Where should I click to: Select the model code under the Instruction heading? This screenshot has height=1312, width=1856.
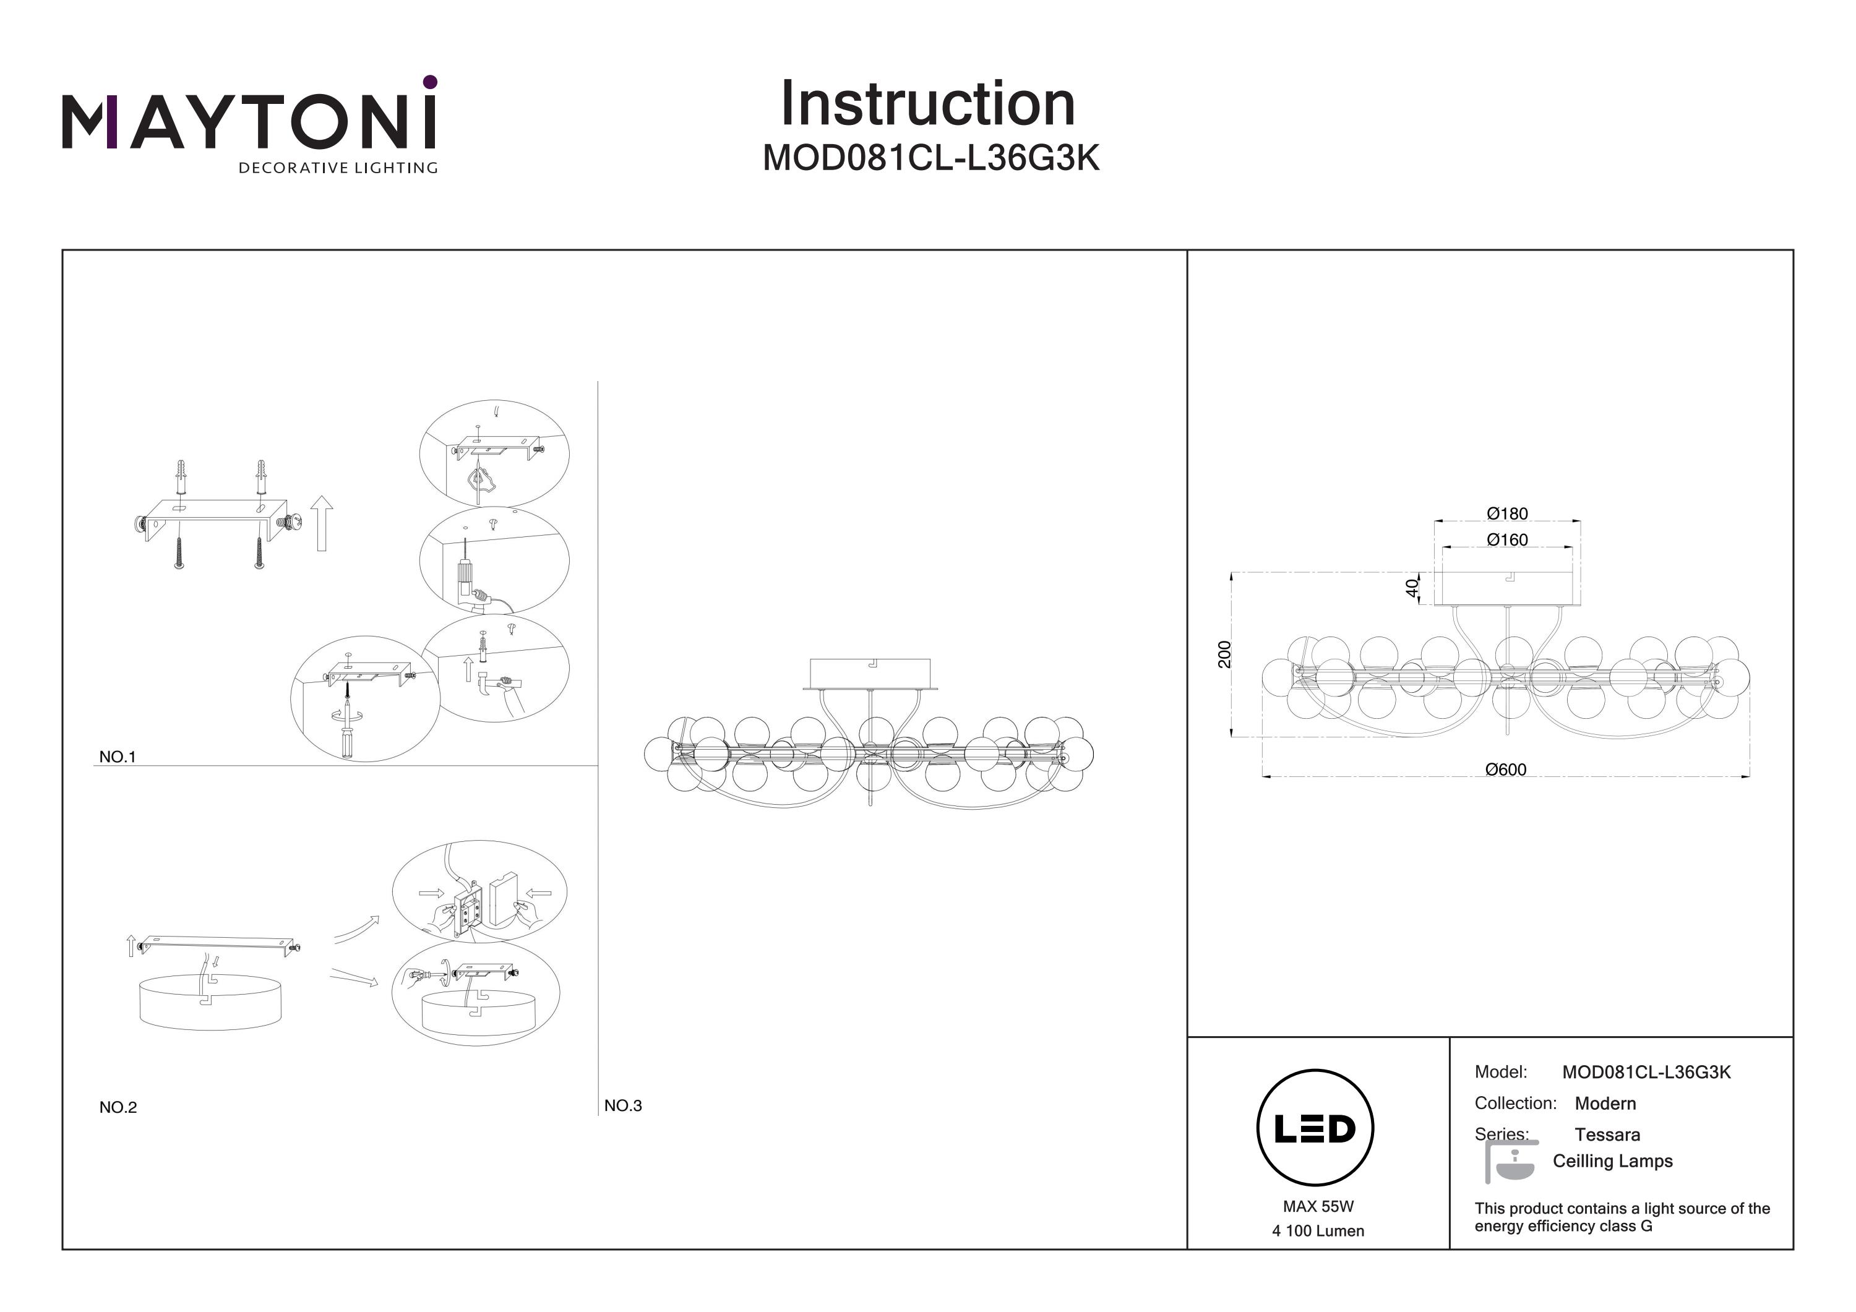931,158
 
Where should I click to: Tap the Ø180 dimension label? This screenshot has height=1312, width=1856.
1507,513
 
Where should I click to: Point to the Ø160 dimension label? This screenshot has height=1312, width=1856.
1507,539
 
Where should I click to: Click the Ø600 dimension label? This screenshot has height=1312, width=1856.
1505,770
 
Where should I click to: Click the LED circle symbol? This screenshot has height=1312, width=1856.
1315,1128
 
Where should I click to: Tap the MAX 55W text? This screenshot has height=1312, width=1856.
1318,1207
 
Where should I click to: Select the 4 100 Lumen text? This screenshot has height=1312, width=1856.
1318,1231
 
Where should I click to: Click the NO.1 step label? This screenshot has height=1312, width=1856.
117,757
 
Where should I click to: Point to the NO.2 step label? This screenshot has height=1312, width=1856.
118,1107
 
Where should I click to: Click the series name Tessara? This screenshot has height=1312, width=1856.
1607,1135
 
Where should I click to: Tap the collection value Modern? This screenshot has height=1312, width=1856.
1605,1104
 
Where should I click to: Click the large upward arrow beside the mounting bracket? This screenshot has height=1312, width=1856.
322,524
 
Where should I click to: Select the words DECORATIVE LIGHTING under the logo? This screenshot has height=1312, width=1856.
338,168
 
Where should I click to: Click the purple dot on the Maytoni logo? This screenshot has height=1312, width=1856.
430,82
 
